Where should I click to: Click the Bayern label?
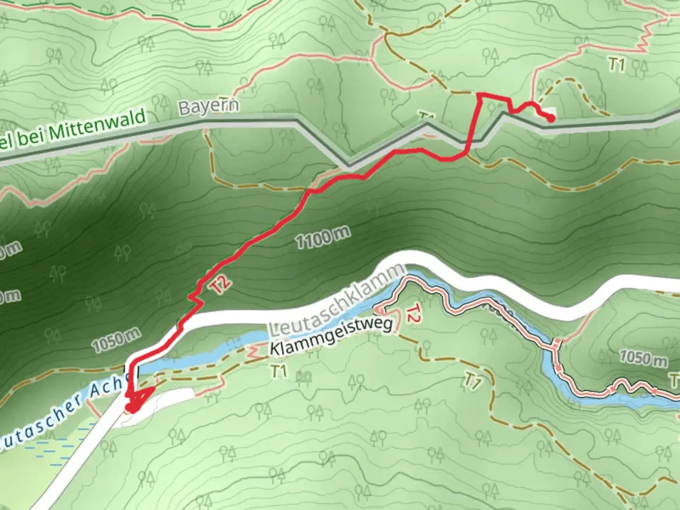coord(208,106)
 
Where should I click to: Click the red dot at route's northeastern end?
coord(551,119)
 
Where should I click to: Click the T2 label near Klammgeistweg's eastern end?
coord(412,314)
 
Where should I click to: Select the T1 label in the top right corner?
coord(617,64)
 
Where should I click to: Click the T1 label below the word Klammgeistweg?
coord(279,372)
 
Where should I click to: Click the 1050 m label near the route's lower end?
coord(116,340)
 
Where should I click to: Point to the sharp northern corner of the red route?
coord(479,95)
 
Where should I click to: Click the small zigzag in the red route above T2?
coord(195,297)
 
